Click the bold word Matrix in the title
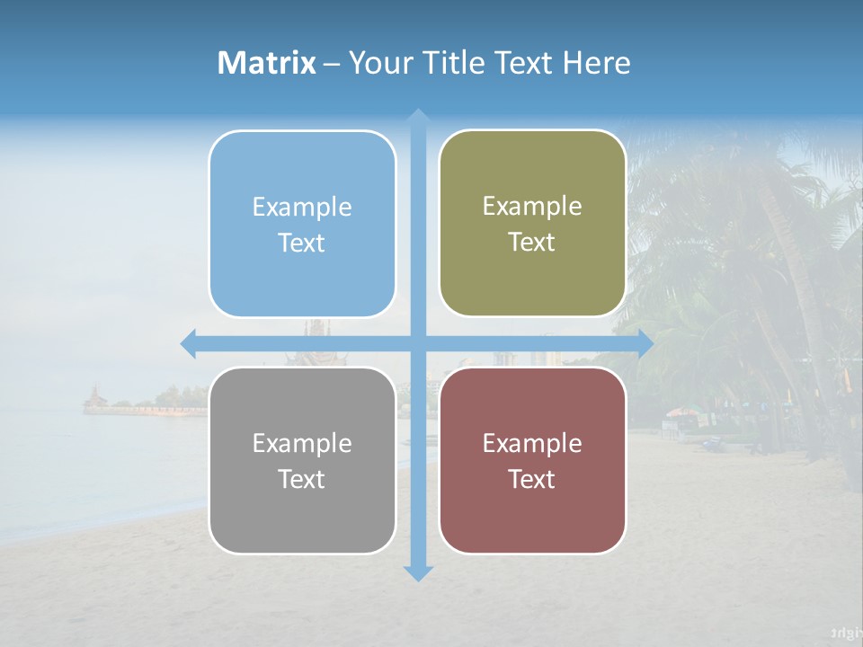point(267,63)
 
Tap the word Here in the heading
point(596,63)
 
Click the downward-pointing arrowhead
point(418,572)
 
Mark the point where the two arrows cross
point(418,344)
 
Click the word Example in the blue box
point(302,208)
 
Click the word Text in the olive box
point(532,243)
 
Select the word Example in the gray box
point(302,444)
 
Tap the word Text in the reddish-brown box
point(532,480)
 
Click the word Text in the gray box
point(302,480)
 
